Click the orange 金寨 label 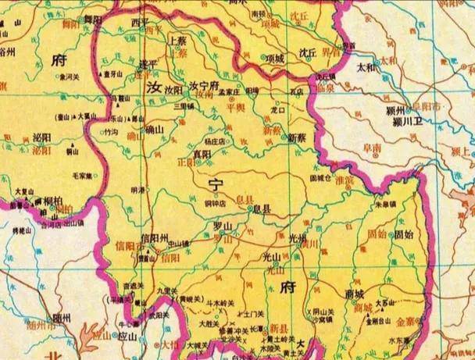coord(405,321)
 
